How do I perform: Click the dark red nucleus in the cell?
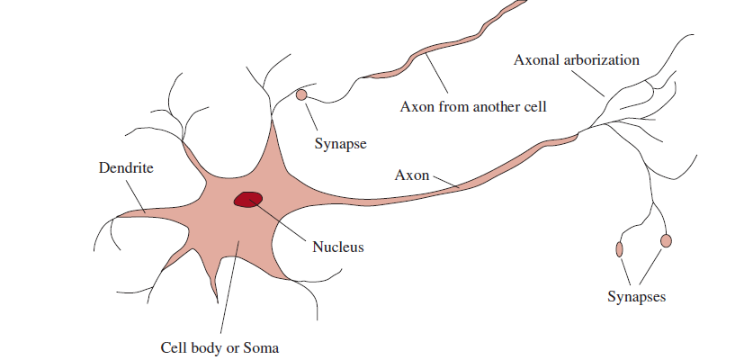(247, 199)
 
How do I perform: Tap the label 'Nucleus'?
(338, 246)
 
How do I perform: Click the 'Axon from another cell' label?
(473, 106)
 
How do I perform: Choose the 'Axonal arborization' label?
(576, 60)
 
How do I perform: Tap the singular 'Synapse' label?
(341, 142)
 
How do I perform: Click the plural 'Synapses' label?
(636, 296)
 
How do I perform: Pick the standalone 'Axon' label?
(412, 174)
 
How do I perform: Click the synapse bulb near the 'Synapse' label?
(301, 94)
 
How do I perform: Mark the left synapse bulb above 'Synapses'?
(619, 248)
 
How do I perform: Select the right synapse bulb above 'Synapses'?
(666, 240)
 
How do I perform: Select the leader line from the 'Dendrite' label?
(134, 193)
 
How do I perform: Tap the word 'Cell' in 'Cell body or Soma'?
(174, 346)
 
